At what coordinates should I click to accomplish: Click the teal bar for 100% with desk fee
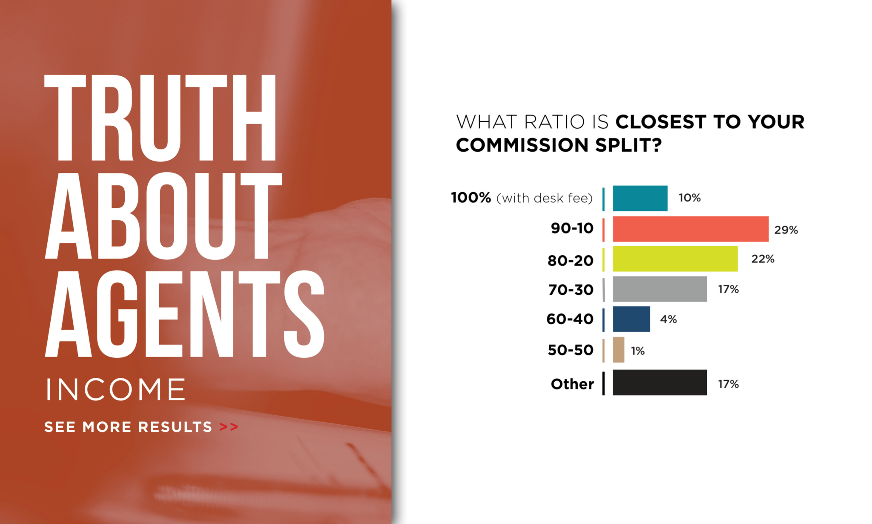tap(640, 198)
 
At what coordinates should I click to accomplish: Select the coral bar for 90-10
tap(691, 229)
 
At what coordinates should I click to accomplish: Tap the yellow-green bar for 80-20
tap(675, 259)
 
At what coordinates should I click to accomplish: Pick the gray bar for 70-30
tap(660, 289)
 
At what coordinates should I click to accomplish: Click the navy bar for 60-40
tap(631, 319)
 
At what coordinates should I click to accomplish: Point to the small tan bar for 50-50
tap(619, 350)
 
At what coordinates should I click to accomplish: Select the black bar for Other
tap(660, 383)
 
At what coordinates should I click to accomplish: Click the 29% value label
tap(786, 230)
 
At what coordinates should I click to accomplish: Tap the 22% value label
tap(763, 259)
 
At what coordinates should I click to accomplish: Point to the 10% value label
tap(689, 198)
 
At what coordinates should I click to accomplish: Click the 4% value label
tap(668, 319)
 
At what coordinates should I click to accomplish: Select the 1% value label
tap(638, 351)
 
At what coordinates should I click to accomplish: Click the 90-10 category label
tap(572, 228)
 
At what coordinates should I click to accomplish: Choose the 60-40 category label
tap(570, 319)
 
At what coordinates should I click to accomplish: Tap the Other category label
tap(572, 384)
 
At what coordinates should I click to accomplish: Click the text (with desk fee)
tap(545, 198)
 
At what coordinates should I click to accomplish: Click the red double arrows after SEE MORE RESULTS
tap(229, 427)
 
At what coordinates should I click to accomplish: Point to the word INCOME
tap(116, 389)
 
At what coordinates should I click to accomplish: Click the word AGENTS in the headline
tap(185, 314)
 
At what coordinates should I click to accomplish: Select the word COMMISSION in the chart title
tap(522, 145)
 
